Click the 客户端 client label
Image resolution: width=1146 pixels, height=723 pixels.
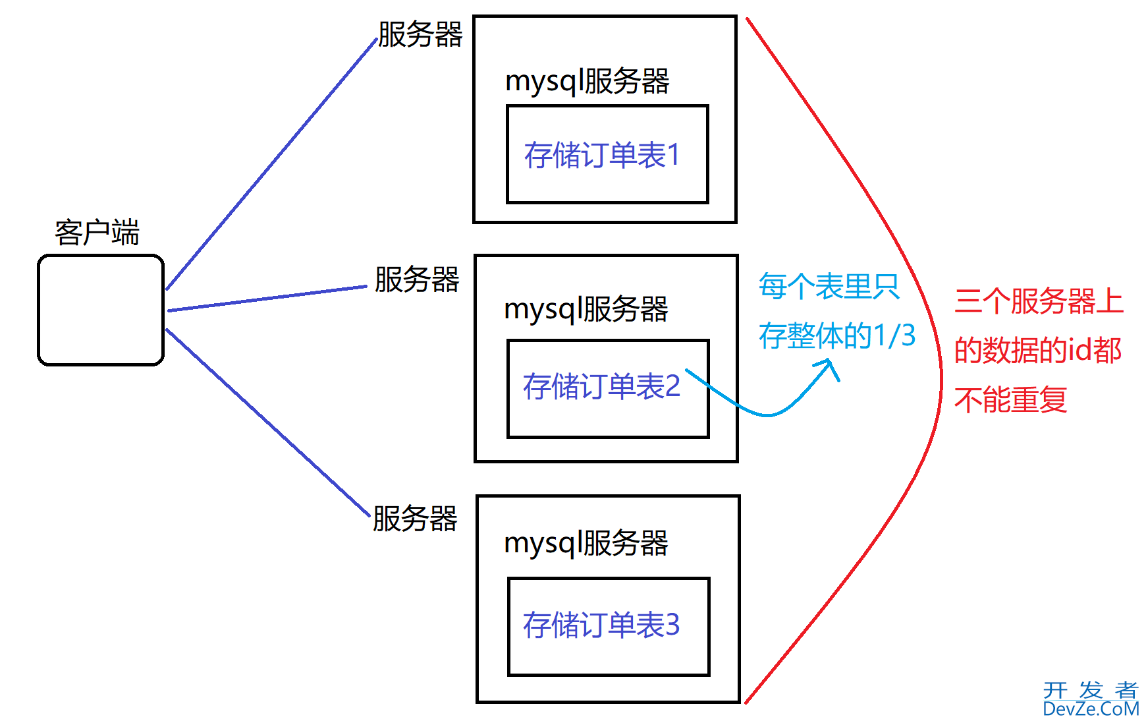click(97, 233)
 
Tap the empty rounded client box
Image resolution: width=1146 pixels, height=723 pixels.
click(101, 310)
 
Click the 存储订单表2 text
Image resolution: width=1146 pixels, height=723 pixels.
click(601, 387)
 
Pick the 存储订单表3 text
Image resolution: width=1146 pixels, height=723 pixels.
click(601, 625)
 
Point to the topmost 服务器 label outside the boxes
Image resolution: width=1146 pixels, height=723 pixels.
click(420, 35)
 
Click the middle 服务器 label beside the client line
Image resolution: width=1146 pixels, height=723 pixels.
click(417, 280)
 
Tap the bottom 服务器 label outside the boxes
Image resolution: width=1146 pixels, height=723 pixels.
click(415, 519)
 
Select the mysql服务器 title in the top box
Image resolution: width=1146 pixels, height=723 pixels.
click(587, 82)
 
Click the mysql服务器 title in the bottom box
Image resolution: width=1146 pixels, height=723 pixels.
click(586, 544)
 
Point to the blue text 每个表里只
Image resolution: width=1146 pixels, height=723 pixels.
click(829, 287)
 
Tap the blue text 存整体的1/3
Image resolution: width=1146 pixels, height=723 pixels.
click(836, 337)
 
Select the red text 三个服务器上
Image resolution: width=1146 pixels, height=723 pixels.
click(1039, 302)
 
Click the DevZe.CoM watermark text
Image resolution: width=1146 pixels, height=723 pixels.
click(1091, 709)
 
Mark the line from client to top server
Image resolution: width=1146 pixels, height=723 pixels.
click(270, 165)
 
